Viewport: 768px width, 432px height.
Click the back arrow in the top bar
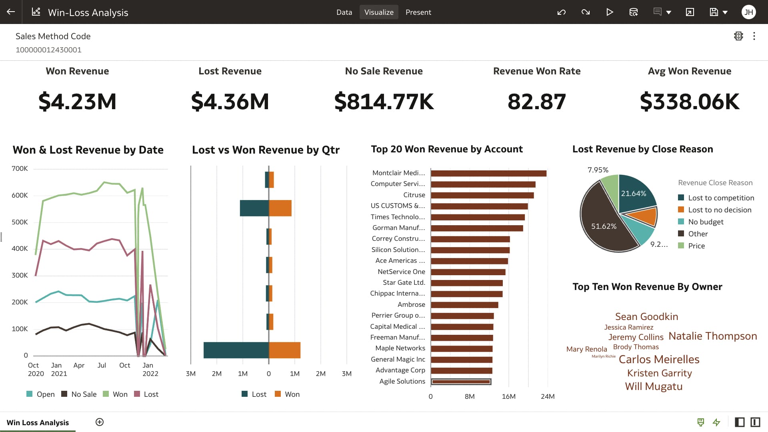tap(11, 12)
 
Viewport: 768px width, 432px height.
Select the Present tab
tap(418, 12)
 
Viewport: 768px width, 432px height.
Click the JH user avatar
tap(748, 12)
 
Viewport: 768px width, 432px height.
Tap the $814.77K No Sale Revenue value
tap(384, 102)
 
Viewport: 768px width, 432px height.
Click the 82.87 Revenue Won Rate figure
tap(536, 102)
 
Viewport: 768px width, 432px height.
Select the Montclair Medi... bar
tap(488, 173)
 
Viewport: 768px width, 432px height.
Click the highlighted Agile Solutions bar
tap(461, 382)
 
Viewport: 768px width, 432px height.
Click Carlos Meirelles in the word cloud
tap(659, 359)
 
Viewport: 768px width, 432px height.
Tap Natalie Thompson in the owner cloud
tap(712, 336)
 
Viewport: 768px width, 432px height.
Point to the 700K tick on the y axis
tap(20, 168)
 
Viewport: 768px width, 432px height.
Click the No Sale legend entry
tap(84, 394)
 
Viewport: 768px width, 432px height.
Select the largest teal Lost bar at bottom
tap(236, 350)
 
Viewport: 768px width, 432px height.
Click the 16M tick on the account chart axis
tap(508, 396)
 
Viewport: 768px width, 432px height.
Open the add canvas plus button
tap(100, 422)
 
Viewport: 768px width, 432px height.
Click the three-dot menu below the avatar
tap(754, 36)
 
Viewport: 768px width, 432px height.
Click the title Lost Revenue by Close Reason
tap(642, 149)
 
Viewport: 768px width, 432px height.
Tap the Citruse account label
tap(414, 195)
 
